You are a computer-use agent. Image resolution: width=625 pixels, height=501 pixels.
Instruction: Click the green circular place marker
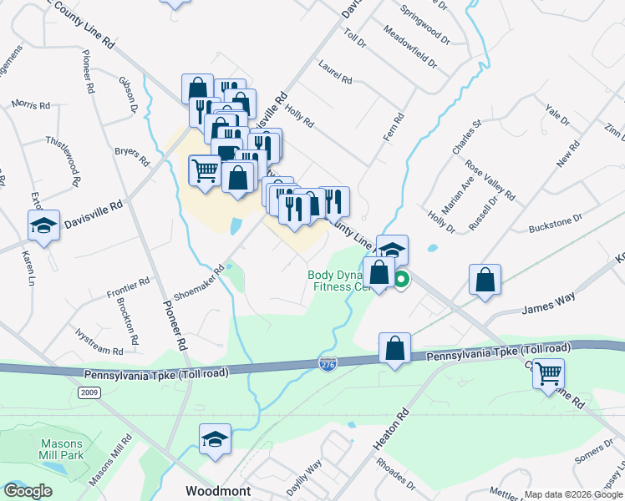pos(402,280)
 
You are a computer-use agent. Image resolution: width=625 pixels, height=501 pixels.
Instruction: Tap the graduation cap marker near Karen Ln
pos(43,225)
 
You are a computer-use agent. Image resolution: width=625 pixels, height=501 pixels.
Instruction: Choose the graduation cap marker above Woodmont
pos(215,439)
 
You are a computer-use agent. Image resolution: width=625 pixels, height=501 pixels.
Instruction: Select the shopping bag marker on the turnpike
pos(395,348)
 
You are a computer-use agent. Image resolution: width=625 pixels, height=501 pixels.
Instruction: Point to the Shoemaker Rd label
pos(201,283)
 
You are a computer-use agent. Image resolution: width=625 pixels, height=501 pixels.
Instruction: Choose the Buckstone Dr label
pos(555,223)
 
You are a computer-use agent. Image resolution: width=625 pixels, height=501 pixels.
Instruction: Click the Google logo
pos(28,491)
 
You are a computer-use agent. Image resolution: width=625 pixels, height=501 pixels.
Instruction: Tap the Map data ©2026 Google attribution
pos(573,494)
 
